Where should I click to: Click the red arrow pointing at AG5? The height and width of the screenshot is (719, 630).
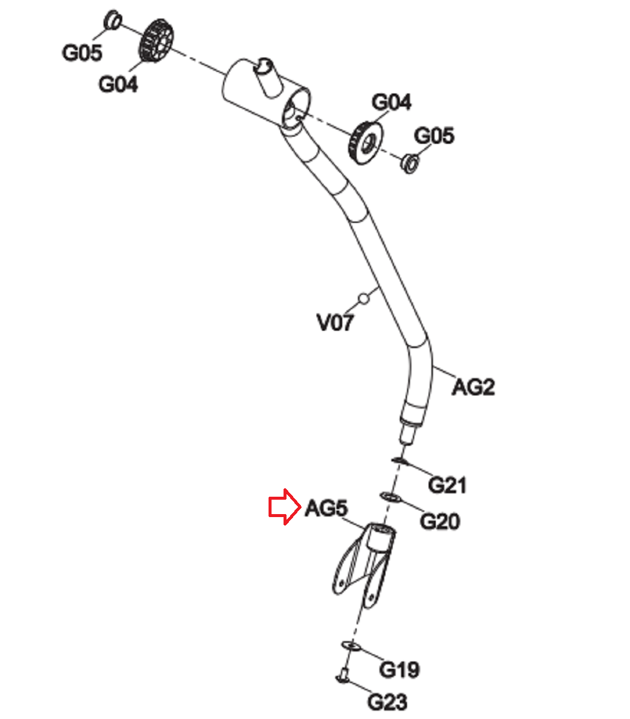coord(284,507)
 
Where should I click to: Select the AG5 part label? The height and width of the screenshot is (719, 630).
coord(326,509)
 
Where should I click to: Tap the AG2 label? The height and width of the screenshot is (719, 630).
coord(473,387)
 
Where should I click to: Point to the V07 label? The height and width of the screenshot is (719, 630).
coord(335,323)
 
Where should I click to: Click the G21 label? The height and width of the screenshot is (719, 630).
coord(447,484)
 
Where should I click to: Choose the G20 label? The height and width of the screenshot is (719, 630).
coord(439,521)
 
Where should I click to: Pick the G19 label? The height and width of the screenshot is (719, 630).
coord(400,669)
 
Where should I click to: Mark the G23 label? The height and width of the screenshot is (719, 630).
coord(387,702)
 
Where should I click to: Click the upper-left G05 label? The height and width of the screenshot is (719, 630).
coord(82,53)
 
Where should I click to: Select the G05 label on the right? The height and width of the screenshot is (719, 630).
coord(435,136)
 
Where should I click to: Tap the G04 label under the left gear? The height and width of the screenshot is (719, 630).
coord(118,84)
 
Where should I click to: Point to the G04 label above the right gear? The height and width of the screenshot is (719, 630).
coord(391,102)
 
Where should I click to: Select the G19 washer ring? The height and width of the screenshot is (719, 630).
coord(351,645)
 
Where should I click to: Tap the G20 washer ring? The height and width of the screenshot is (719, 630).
coord(390,497)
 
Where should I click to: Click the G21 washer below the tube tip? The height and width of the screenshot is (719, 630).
coord(399,460)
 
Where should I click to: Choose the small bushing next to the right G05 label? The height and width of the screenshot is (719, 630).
coord(409,162)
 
